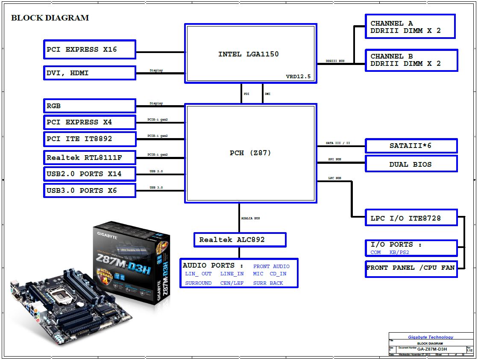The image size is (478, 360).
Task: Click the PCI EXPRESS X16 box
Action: pyautogui.click(x=90, y=50)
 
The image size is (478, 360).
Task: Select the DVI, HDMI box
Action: pyautogui.click(x=90, y=73)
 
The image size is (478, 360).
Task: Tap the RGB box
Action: pyautogui.click(x=90, y=106)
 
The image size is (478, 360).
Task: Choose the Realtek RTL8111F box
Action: pyautogui.click(x=90, y=158)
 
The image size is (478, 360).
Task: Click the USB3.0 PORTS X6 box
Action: pyautogui.click(x=90, y=191)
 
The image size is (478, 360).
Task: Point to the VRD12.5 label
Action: pyautogui.click(x=298, y=77)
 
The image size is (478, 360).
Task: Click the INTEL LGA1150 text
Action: pyautogui.click(x=248, y=54)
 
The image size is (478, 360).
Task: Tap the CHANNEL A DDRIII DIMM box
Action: pyautogui.click(x=410, y=27)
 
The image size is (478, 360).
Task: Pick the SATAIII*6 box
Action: pyautogui.click(x=411, y=146)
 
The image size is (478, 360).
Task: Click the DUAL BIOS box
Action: pyautogui.click(x=411, y=164)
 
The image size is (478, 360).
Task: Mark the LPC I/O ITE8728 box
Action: pyautogui.click(x=411, y=218)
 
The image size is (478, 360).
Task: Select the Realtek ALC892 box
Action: pyautogui.click(x=240, y=240)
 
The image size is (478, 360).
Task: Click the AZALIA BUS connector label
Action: pyautogui.click(x=251, y=218)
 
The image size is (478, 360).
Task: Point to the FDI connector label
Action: pyautogui.click(x=246, y=94)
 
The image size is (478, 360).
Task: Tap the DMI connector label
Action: pyautogui.click(x=267, y=94)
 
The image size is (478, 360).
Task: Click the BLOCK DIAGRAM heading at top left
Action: pyautogui.click(x=50, y=18)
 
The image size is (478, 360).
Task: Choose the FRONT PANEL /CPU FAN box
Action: pyautogui.click(x=411, y=268)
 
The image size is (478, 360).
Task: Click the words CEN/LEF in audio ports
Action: pyautogui.click(x=232, y=283)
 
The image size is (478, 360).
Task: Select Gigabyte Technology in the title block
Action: pyautogui.click(x=431, y=337)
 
